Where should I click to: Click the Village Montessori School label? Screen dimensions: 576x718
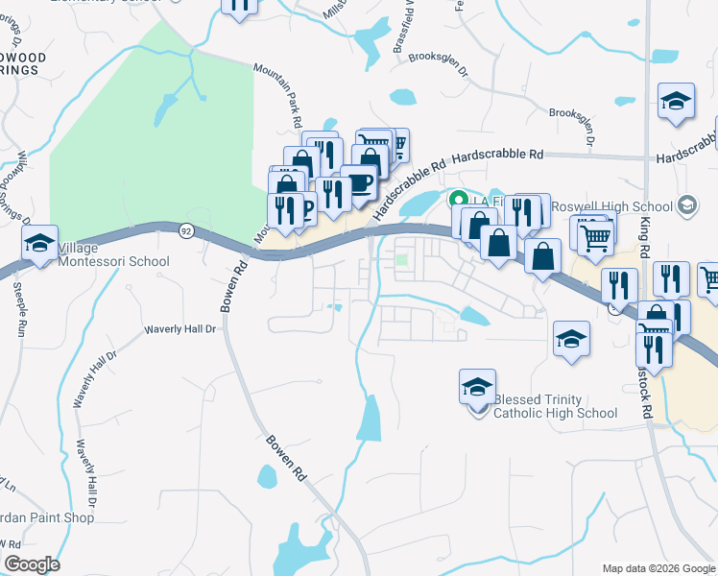click(x=113, y=255)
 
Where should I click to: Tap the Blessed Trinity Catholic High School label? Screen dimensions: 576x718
click(x=554, y=406)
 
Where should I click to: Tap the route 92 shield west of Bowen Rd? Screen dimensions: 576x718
click(x=184, y=229)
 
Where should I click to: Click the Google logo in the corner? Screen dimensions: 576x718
click(x=32, y=564)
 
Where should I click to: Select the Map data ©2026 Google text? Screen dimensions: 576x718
click(x=658, y=568)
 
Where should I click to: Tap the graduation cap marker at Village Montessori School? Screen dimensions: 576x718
click(x=40, y=244)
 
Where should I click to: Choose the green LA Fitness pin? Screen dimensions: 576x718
click(x=458, y=200)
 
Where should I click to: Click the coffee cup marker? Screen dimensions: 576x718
click(x=359, y=182)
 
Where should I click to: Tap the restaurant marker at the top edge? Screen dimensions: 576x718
click(x=239, y=6)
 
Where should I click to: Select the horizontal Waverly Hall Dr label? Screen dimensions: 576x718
click(x=182, y=328)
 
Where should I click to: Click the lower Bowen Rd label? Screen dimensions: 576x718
click(x=286, y=461)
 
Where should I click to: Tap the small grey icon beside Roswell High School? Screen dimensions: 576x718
click(x=686, y=204)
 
